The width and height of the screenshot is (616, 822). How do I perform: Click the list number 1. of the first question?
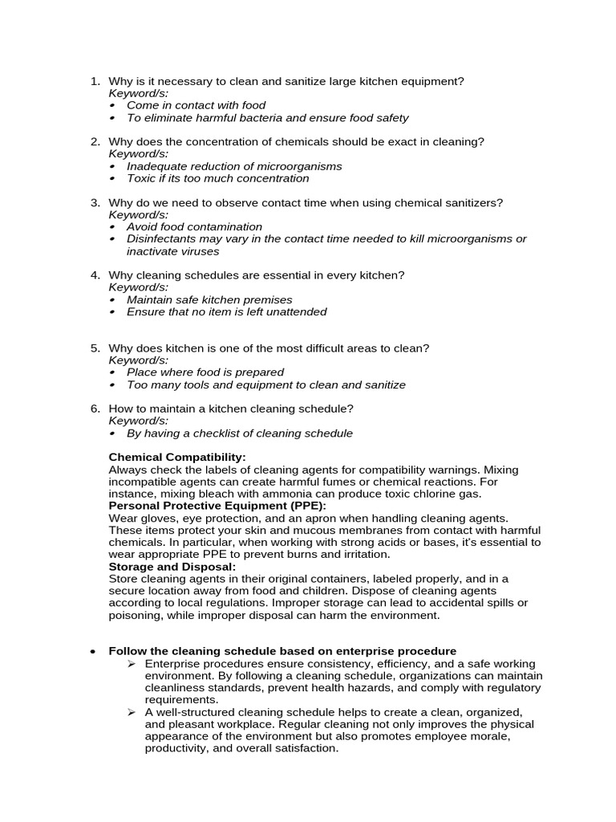(x=95, y=81)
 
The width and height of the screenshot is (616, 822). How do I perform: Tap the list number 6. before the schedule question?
(x=95, y=409)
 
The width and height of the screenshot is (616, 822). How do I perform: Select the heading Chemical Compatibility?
(x=177, y=458)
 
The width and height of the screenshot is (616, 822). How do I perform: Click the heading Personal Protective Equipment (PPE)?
(x=217, y=506)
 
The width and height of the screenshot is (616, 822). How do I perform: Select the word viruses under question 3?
(x=198, y=251)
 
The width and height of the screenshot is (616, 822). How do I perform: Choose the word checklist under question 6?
(x=210, y=433)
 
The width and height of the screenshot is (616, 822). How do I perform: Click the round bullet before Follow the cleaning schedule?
(x=94, y=652)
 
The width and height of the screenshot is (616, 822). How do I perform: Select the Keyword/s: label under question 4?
(x=139, y=287)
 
